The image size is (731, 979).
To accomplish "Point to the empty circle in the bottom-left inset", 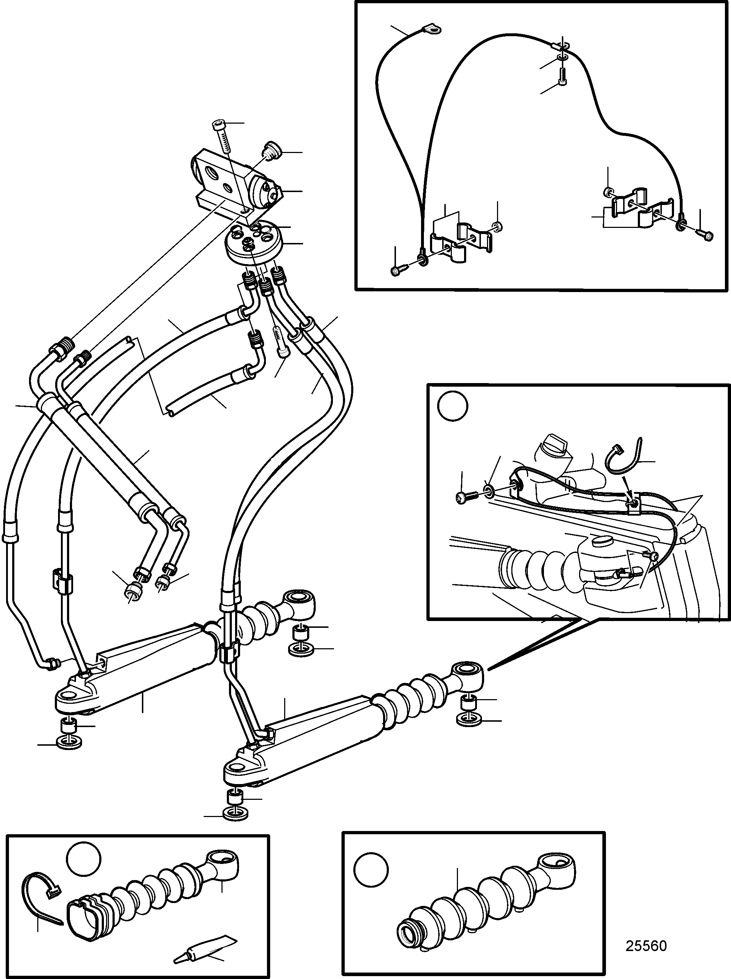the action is coord(84,859).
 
